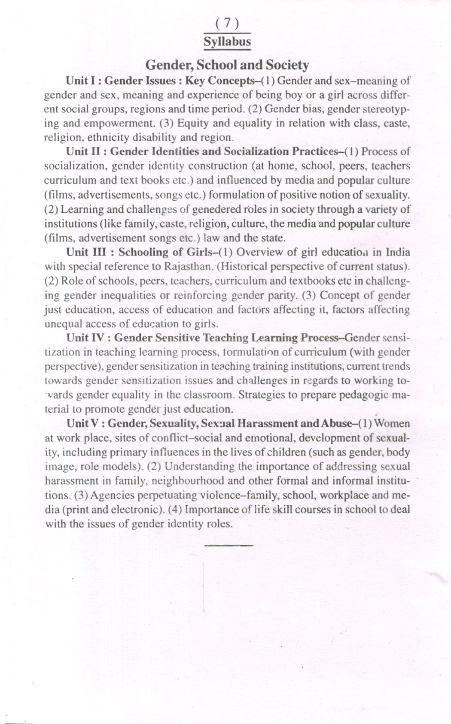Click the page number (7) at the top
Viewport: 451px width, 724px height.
(227, 24)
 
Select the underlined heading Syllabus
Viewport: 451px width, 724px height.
(227, 42)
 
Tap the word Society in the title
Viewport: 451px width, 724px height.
(287, 65)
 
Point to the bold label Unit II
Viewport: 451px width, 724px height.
(83, 151)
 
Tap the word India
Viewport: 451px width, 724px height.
(398, 252)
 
